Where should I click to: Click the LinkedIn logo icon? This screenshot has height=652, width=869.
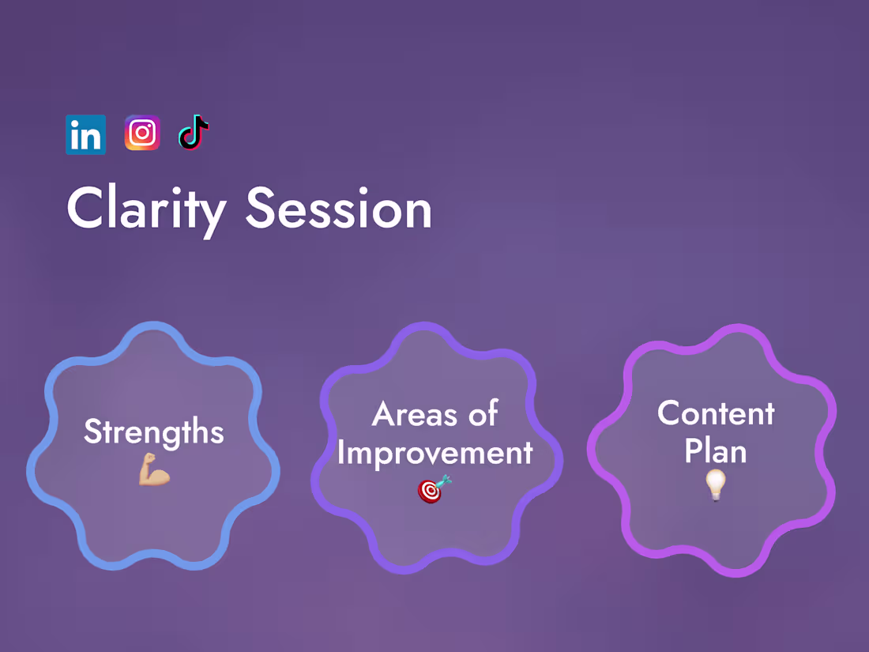pyautogui.click(x=85, y=134)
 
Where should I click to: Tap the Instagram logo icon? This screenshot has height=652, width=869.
pyautogui.click(x=142, y=133)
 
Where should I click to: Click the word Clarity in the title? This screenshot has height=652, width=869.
pyautogui.click(x=146, y=209)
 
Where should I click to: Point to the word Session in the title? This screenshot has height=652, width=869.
pyautogui.click(x=338, y=209)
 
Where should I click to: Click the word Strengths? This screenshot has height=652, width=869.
pyautogui.click(x=154, y=432)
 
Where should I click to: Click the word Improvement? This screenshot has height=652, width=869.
pyautogui.click(x=434, y=453)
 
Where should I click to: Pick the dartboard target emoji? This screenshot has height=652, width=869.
pyautogui.click(x=434, y=489)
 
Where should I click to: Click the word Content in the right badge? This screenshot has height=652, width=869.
pyautogui.click(x=716, y=413)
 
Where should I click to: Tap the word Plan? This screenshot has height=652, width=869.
pyautogui.click(x=716, y=451)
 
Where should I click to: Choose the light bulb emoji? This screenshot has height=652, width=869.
pyautogui.click(x=716, y=484)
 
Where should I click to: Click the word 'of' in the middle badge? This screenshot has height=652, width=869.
pyautogui.click(x=482, y=414)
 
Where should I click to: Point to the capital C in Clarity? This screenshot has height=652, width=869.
pyautogui.click(x=85, y=209)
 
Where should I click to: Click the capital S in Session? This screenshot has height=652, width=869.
pyautogui.click(x=262, y=209)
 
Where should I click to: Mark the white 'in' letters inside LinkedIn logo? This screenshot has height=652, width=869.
pyautogui.click(x=85, y=137)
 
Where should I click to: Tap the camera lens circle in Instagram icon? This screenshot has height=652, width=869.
pyautogui.click(x=142, y=133)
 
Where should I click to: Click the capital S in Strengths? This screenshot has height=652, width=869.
pyautogui.click(x=92, y=432)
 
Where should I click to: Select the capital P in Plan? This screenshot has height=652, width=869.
pyautogui.click(x=693, y=451)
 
